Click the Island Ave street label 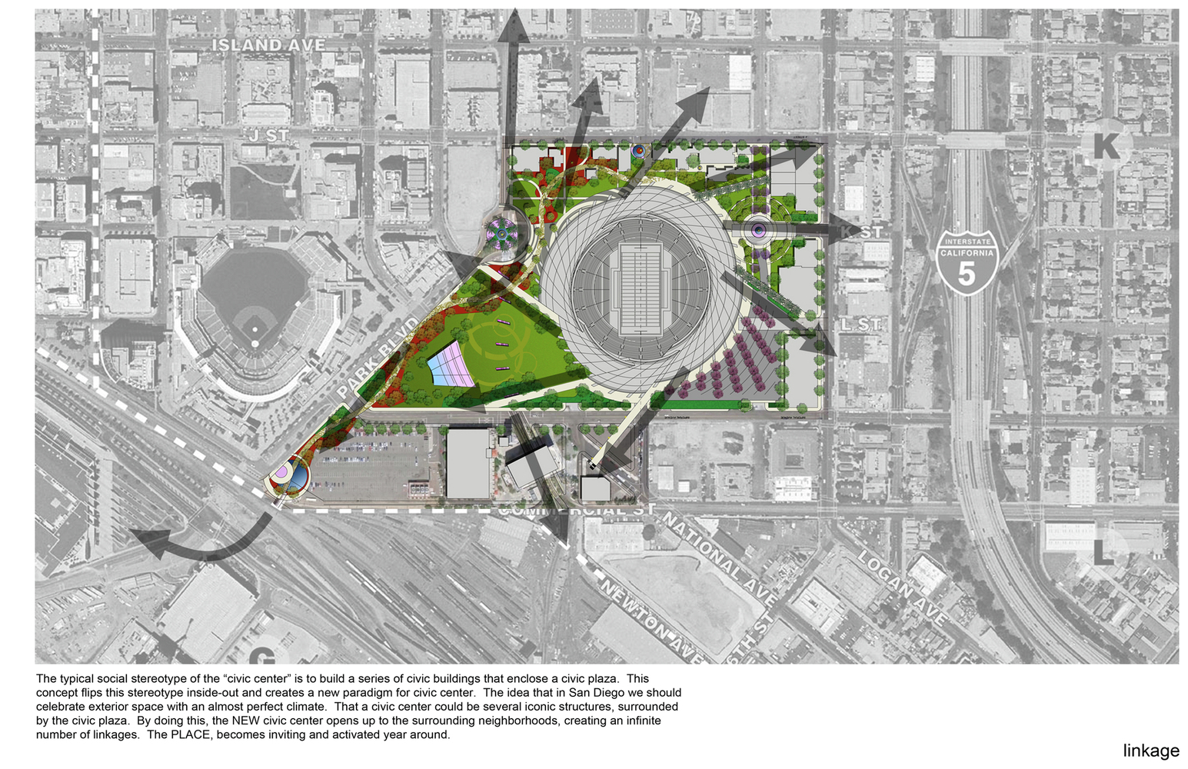(268, 45)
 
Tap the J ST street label (268, 136)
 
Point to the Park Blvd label (379, 357)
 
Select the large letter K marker (1106, 146)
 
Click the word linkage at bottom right (1150, 751)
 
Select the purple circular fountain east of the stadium (758, 229)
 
